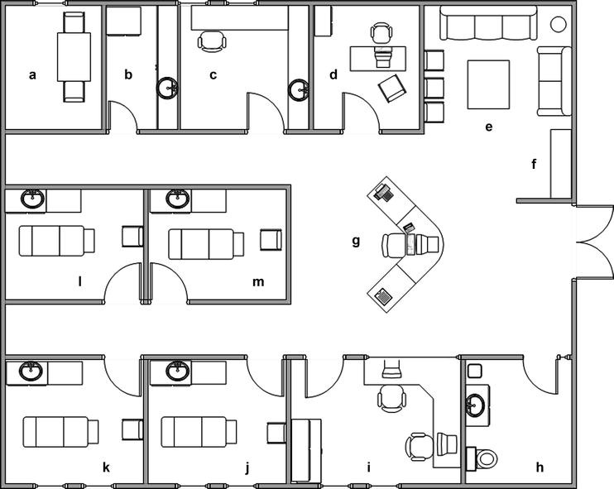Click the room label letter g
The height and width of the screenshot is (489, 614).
click(356, 242)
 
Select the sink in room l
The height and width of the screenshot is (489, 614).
click(34, 199)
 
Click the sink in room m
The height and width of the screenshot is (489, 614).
click(177, 199)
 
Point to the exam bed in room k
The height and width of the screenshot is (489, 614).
click(60, 432)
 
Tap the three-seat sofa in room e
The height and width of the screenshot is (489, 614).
click(485, 25)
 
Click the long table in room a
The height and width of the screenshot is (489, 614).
click(73, 56)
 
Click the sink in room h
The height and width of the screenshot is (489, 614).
click(476, 404)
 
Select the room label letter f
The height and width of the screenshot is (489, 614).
click(535, 164)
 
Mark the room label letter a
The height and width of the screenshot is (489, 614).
click(33, 74)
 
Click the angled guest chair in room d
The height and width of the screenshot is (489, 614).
click(391, 88)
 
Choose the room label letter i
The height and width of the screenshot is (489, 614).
click(368, 468)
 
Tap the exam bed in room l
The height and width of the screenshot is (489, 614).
click(56, 240)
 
